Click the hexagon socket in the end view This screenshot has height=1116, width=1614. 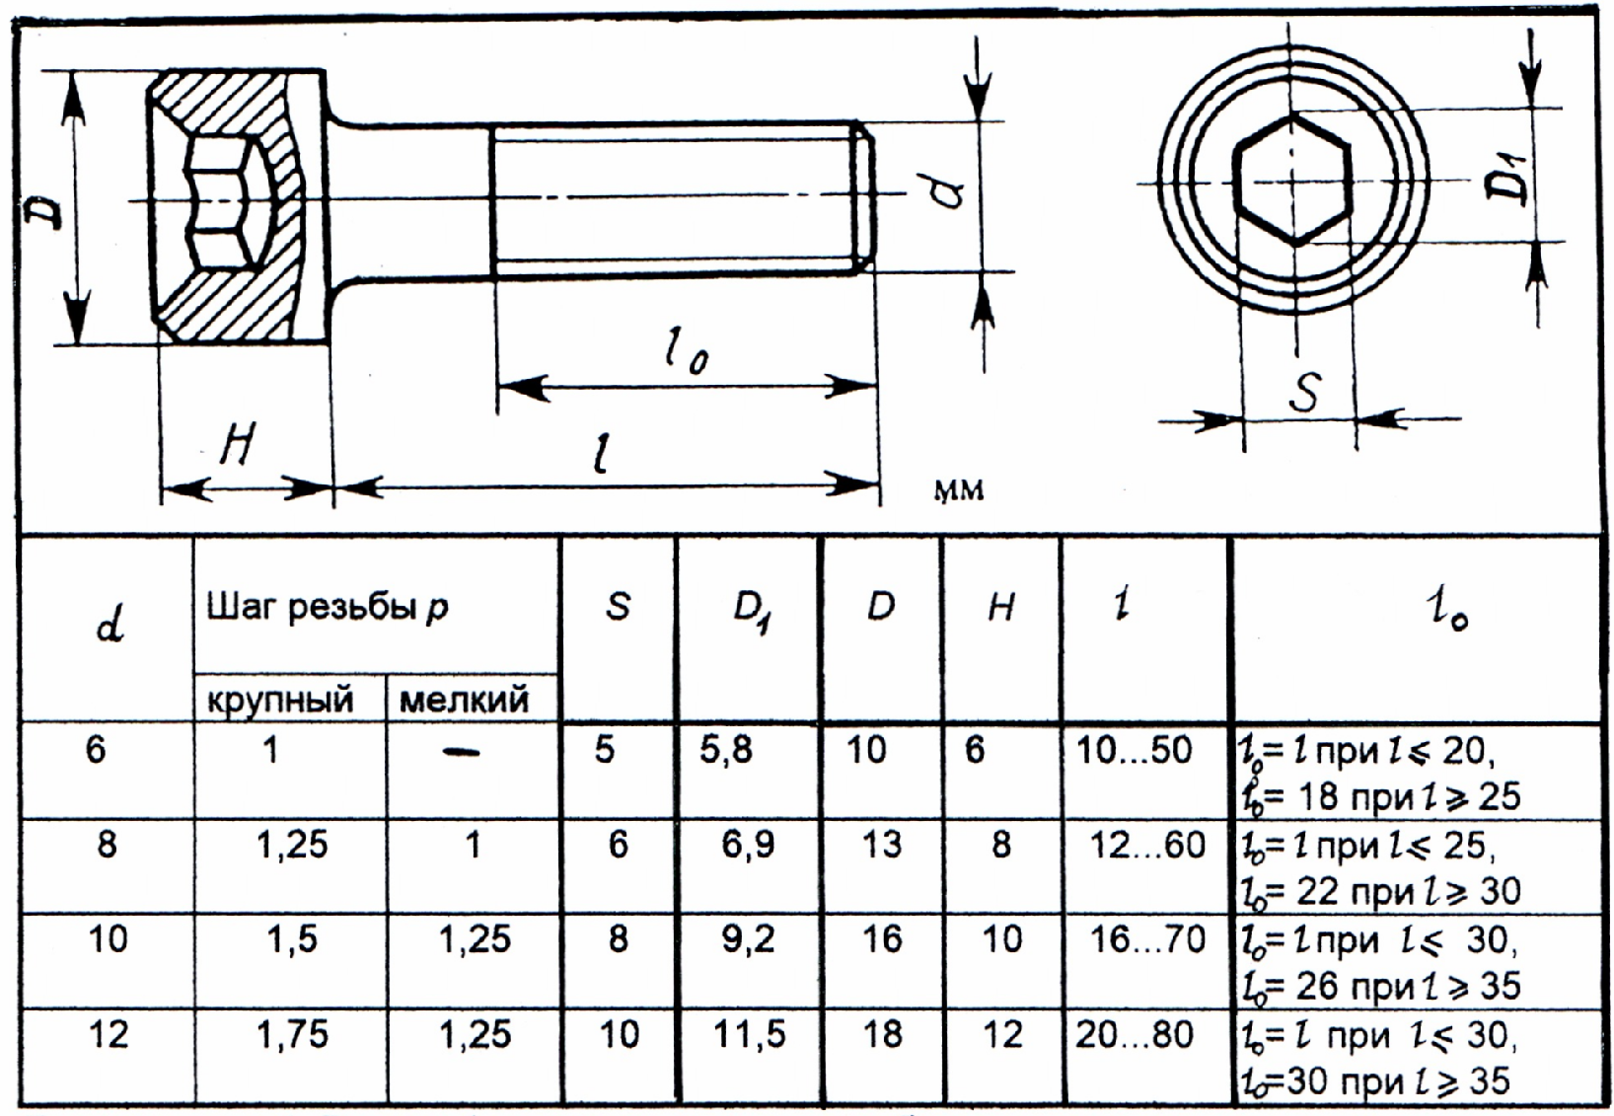coord(1293,180)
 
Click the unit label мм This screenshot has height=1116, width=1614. coord(958,489)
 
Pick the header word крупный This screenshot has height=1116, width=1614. coord(280,700)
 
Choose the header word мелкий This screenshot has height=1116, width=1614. coord(464,700)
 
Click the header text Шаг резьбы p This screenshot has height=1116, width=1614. coord(328,607)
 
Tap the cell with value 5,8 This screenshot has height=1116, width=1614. coord(726,750)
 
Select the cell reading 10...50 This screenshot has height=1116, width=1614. coord(1134,750)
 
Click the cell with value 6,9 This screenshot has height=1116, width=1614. coord(748,845)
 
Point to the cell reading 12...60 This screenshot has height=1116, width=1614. coord(1147,845)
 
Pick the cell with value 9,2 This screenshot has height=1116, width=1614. coord(748,939)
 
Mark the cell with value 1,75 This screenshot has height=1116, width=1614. coord(292,1034)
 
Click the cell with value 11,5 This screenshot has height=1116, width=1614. coord(750,1034)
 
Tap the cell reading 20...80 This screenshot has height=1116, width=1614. coord(1134,1034)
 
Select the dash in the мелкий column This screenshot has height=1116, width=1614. coord(462,753)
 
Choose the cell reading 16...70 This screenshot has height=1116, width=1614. coord(1147,939)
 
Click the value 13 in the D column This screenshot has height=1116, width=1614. coord(881,845)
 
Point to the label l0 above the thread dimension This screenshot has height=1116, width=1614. coord(686,351)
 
